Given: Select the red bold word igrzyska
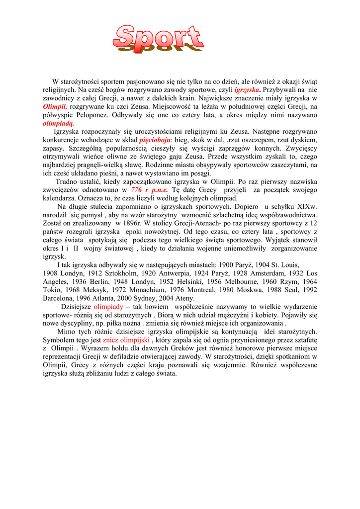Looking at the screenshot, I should [248, 90].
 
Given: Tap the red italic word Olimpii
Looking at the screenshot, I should [55, 106].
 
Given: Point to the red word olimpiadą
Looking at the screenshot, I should [59, 123].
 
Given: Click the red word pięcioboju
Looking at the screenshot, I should [155, 140].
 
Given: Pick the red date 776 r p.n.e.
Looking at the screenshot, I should [149, 189].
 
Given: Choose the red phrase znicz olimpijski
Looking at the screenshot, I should [126, 340].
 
